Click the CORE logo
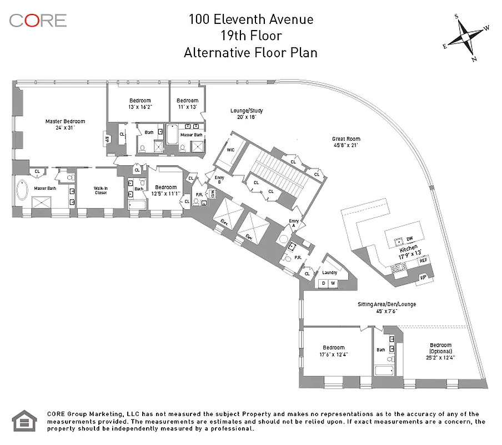pyautogui.click(x=38, y=21)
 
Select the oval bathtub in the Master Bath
pyautogui.click(x=23, y=191)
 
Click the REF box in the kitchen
pyautogui.click(x=424, y=260)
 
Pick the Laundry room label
pyautogui.click(x=329, y=273)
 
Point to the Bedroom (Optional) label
pyautogui.click(x=440, y=348)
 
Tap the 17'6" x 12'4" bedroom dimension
pyautogui.click(x=333, y=354)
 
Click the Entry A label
pyautogui.click(x=294, y=224)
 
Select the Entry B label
pyautogui.click(x=219, y=180)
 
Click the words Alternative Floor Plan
pyautogui.click(x=250, y=53)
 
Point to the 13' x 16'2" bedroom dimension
pyautogui.click(x=140, y=107)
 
